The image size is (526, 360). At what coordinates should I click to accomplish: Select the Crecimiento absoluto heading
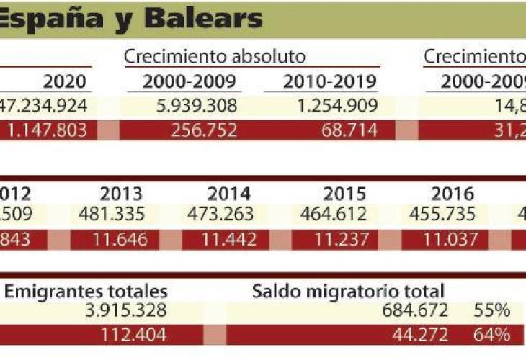pos(215,57)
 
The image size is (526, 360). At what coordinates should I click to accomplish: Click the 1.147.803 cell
pos(49,130)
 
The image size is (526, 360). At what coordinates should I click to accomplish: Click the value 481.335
pos(112,214)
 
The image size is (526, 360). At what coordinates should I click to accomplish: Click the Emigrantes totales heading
pos(86,291)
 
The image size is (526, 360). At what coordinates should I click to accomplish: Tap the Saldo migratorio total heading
pos(348,291)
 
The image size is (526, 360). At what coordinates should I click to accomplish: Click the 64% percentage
pos(492,335)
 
